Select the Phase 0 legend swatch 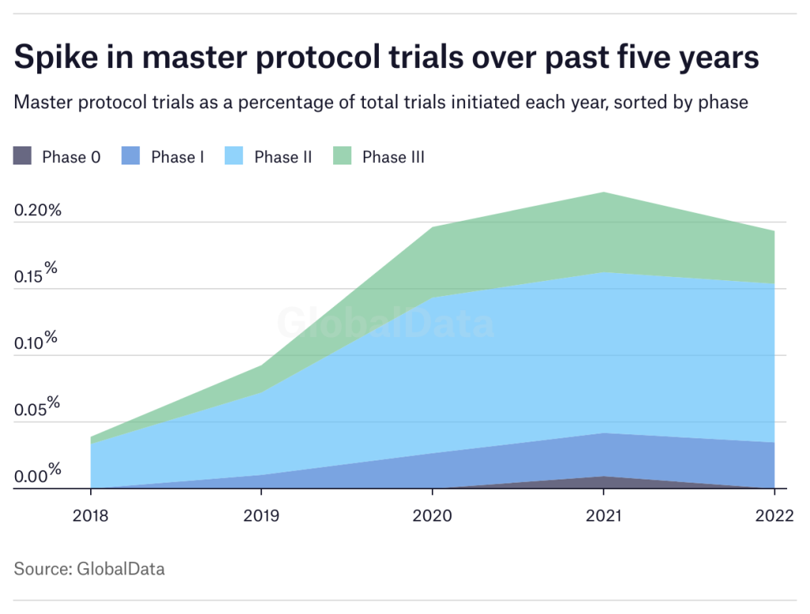pos(23,156)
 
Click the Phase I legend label pos(177,157)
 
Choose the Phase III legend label pos(393,157)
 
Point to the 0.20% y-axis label pos(37,211)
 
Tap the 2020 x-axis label pos(432,515)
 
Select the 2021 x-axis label pos(603,515)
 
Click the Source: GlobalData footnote pos(89,568)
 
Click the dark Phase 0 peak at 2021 pos(604,480)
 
